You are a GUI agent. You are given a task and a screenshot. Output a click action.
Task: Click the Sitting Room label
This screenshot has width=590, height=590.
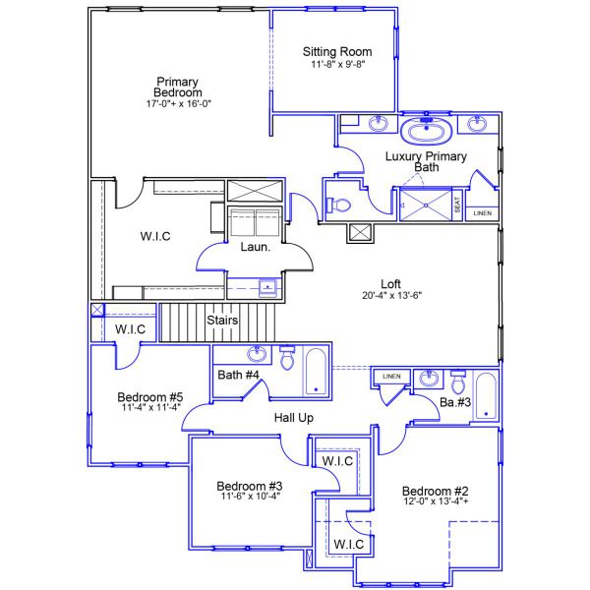click(336, 51)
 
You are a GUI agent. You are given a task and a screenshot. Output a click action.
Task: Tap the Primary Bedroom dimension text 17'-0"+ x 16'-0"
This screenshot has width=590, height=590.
click(178, 102)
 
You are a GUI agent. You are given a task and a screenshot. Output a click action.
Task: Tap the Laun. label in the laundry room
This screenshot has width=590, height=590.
click(256, 248)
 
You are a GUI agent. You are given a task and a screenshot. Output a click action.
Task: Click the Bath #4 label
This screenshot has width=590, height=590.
click(238, 375)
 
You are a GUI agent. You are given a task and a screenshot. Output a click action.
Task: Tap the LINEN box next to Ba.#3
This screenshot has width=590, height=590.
click(391, 377)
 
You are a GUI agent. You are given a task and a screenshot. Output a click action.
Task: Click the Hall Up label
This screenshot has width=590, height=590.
click(293, 418)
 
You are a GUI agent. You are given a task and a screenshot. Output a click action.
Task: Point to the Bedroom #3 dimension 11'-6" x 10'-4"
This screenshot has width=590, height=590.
click(249, 497)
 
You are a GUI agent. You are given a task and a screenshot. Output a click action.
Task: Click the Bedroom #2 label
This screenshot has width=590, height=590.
click(435, 491)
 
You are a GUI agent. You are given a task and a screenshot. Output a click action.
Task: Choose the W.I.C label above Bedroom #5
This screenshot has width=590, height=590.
click(132, 329)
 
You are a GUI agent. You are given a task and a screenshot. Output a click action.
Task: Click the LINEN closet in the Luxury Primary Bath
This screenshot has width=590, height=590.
click(482, 212)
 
